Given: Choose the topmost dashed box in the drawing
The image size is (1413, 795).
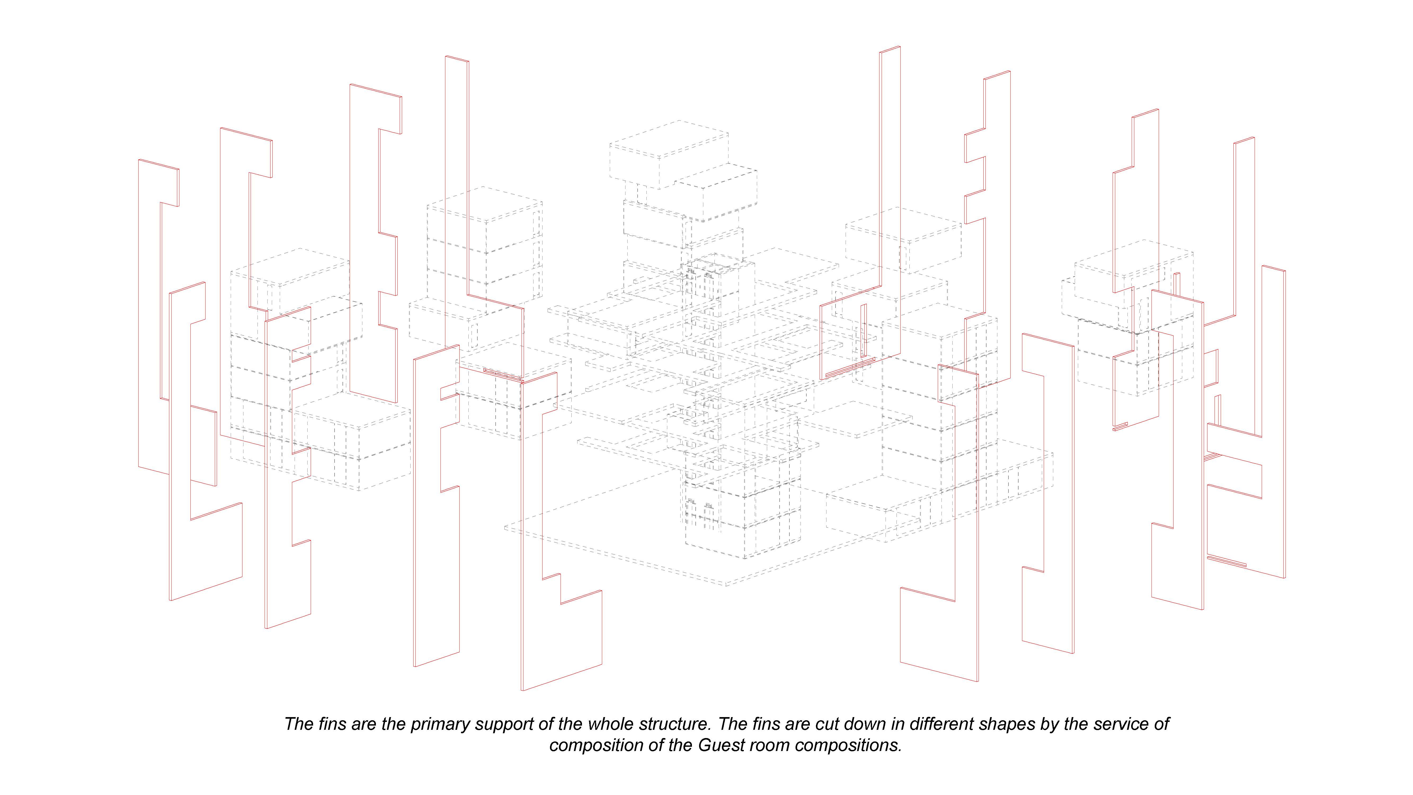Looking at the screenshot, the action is [669, 154].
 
